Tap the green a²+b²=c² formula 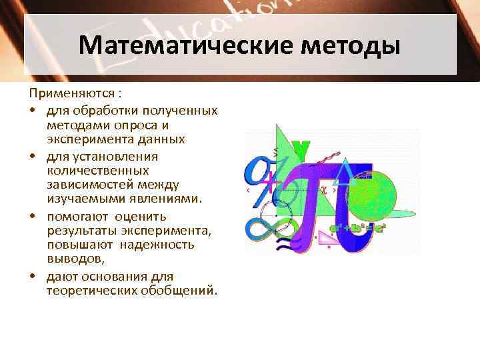[x=361, y=227]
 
